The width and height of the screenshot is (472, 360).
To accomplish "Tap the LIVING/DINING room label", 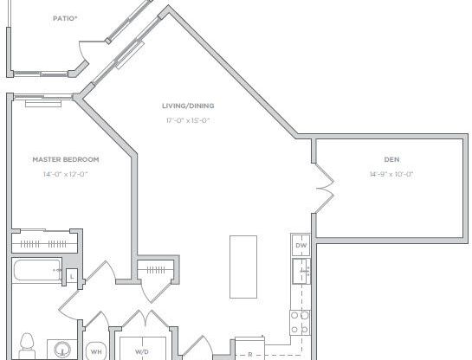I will point(188,106).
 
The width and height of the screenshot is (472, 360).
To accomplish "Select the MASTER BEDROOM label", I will point(66,159).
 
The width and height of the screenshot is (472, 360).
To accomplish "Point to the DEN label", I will point(391,159).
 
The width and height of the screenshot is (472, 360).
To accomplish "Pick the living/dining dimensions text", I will point(188,120).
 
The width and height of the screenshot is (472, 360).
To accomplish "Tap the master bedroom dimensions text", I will point(66,174).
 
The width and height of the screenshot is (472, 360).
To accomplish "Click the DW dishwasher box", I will point(301,247).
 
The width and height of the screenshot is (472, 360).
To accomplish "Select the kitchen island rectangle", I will point(242,266).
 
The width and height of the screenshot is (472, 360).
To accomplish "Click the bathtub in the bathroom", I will point(37,273).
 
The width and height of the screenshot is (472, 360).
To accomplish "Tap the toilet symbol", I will point(27,344).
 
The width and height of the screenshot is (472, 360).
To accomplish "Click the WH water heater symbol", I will point(95,351).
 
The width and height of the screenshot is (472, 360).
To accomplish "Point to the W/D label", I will point(141,351).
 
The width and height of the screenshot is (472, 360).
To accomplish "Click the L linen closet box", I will point(72,277).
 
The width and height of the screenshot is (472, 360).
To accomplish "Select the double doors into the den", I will point(324,188).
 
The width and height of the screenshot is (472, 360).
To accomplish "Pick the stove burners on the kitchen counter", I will point(300,322).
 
